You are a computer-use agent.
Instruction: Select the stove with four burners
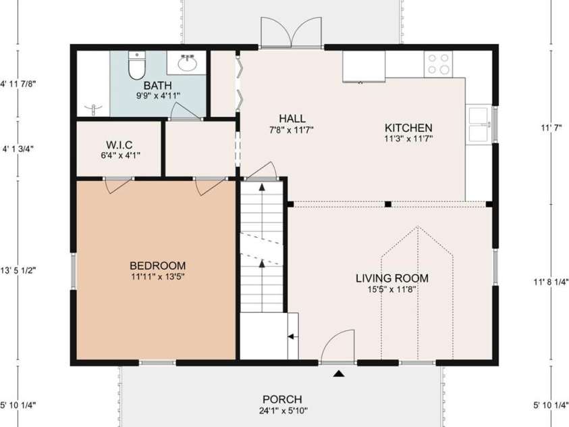pos(438,64)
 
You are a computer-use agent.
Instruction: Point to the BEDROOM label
pos(158,266)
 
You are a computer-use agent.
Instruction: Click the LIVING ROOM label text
pos(392,278)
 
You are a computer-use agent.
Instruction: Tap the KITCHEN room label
pos(408,128)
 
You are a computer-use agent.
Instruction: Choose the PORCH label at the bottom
pos(282,399)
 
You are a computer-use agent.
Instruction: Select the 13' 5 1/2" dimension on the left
pos(19,270)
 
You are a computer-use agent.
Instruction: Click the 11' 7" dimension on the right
pos(551,126)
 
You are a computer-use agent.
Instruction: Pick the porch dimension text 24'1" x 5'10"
pos(282,410)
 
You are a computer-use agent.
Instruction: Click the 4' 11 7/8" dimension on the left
pos(19,84)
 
